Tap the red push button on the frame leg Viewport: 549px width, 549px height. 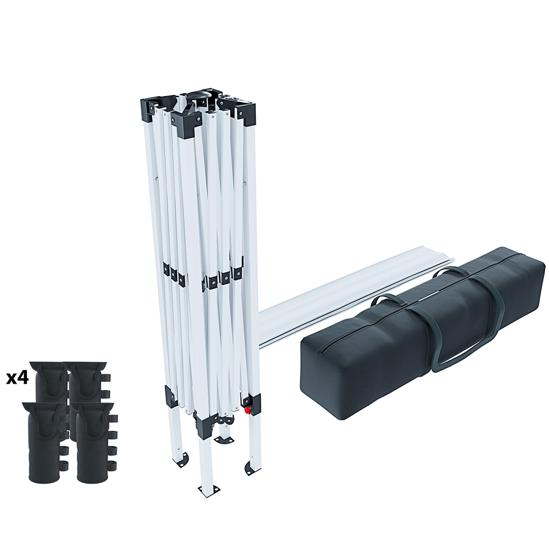248,410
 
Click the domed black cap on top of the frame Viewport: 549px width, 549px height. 199,96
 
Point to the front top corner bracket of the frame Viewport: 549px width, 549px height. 188,123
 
